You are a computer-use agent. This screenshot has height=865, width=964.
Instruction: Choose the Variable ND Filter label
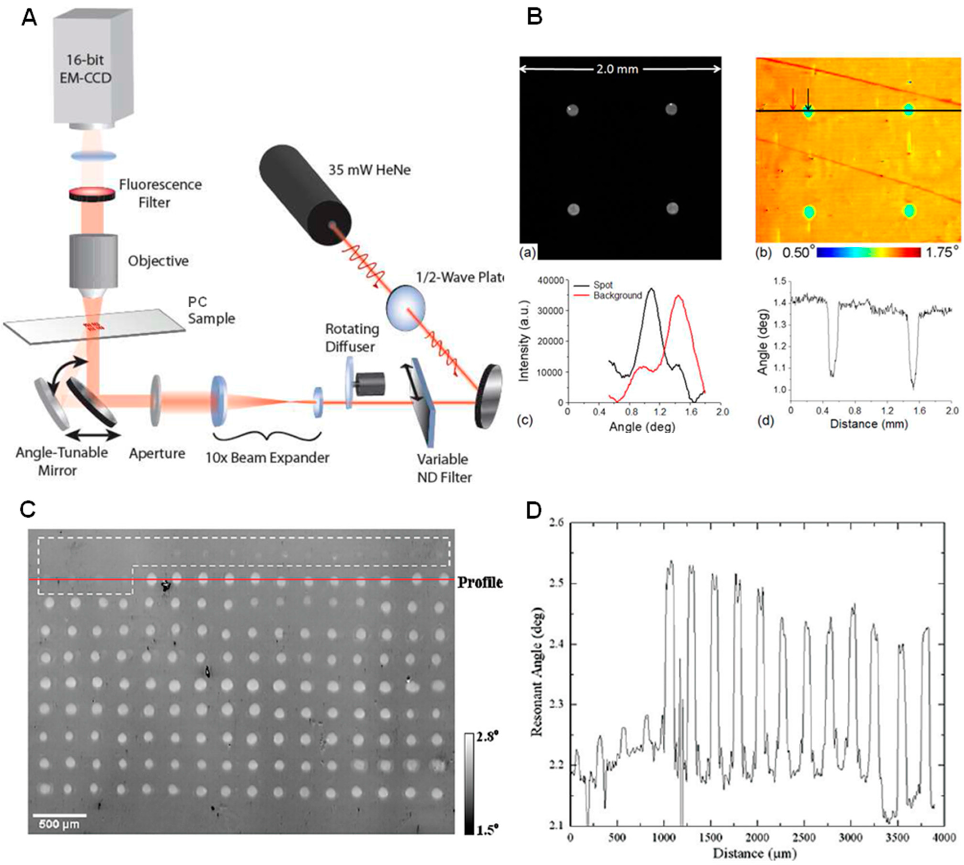pos(444,468)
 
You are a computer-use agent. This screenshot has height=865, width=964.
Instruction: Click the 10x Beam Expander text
pos(267,458)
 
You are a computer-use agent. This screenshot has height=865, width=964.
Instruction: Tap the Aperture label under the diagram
pos(157,453)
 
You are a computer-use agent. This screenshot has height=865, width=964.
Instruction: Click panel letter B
pos(535,17)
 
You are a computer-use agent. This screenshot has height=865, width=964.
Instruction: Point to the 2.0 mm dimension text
pos(617,69)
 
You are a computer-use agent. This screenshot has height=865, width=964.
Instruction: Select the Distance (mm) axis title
pos(868,424)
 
